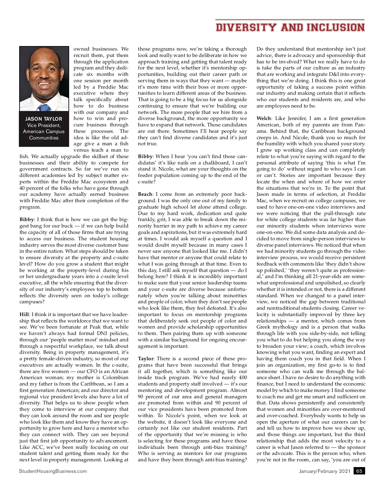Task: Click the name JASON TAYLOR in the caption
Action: [44, 119]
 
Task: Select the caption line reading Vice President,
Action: [44, 125]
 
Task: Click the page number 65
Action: [359, 471]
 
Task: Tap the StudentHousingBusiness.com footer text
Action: [53, 471]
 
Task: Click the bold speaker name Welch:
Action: [264, 118]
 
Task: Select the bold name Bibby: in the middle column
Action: [145, 156]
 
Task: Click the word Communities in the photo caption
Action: [44, 138]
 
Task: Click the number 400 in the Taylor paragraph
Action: [243, 378]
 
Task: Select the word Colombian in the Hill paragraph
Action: [116, 378]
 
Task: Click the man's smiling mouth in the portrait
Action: [44, 85]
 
